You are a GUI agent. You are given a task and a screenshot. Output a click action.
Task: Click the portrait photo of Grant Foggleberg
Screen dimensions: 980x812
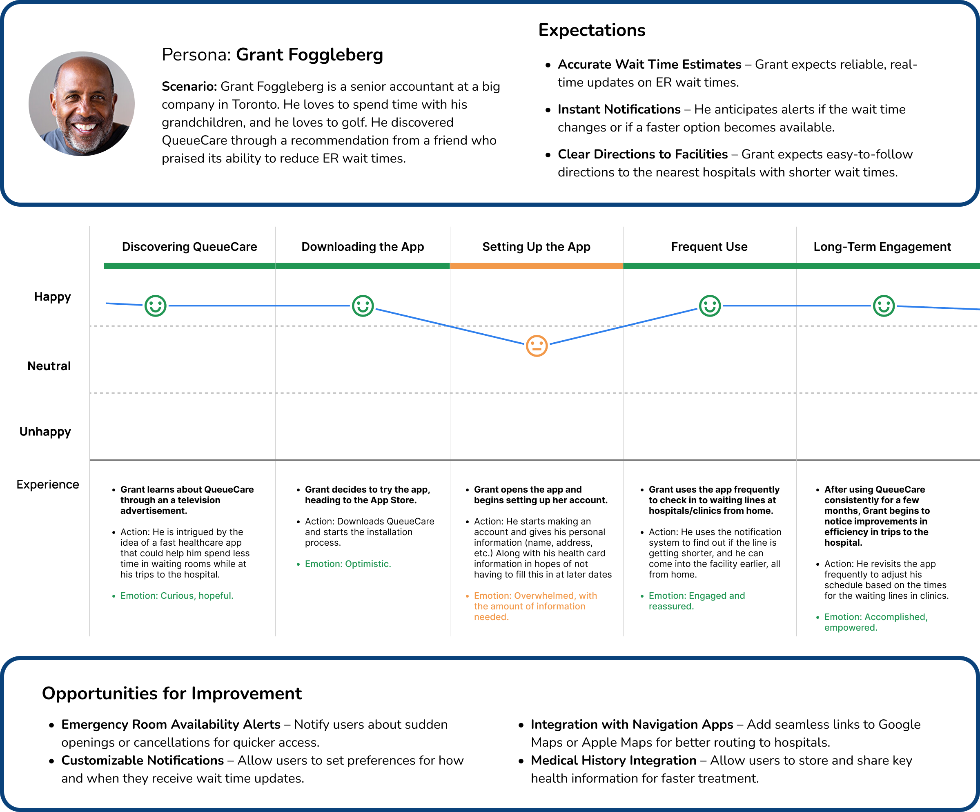tap(82, 104)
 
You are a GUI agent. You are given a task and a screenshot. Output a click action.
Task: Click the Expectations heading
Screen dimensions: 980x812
tap(591, 30)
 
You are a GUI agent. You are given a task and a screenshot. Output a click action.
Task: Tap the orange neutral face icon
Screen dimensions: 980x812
tap(536, 346)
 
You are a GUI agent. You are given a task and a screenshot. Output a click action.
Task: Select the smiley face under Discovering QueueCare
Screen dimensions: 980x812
tap(156, 306)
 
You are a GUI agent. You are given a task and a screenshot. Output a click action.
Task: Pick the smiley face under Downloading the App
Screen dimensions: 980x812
tap(363, 306)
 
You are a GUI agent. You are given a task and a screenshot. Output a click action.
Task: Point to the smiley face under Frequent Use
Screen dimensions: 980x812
tap(709, 306)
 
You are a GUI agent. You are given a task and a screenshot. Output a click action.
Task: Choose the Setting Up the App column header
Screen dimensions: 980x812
tap(536, 246)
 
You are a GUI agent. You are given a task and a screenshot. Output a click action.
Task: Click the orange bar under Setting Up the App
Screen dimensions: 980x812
tap(536, 266)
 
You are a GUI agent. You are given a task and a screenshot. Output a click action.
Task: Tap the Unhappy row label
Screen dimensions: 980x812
tap(45, 432)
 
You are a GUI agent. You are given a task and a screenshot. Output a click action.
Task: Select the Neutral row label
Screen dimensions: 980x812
tap(49, 366)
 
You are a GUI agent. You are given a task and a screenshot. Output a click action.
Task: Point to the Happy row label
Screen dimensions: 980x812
tap(52, 297)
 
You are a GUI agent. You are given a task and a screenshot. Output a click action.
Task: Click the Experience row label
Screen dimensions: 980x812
tap(48, 484)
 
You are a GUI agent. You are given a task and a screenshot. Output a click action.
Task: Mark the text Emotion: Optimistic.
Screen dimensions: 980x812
tap(347, 564)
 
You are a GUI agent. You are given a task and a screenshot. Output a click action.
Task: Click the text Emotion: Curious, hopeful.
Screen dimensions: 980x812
tap(176, 596)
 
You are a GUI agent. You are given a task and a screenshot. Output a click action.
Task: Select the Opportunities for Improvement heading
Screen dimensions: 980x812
tap(172, 694)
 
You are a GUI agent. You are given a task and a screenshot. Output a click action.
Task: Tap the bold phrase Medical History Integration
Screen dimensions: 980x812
tap(613, 760)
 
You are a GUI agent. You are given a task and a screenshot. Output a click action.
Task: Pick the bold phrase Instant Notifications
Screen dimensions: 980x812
tap(619, 109)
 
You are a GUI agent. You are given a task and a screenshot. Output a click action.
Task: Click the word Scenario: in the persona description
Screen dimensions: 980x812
tap(189, 86)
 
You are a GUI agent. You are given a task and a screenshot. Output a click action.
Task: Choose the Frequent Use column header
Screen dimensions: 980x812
tap(709, 246)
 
